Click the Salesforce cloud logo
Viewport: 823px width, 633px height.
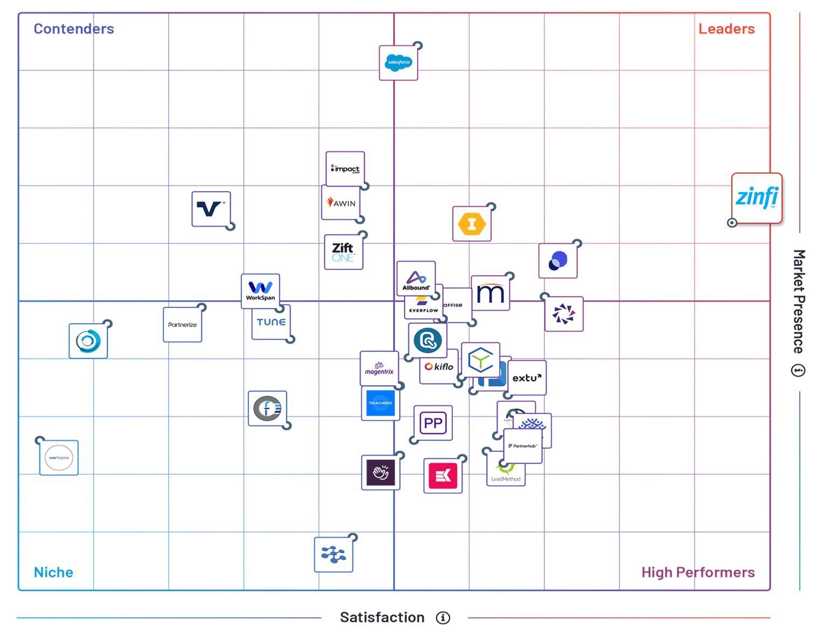point(398,63)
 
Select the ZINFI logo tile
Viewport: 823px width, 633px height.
point(757,198)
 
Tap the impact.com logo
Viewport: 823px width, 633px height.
point(345,169)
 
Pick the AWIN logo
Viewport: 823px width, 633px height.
point(341,203)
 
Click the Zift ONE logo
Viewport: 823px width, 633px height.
point(343,252)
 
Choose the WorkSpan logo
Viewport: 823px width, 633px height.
point(260,291)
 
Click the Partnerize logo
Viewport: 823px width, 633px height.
point(182,325)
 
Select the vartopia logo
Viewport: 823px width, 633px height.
point(59,458)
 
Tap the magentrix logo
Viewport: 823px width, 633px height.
point(379,369)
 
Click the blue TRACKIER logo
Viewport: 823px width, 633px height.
point(381,403)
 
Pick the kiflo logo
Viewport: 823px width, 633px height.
point(439,367)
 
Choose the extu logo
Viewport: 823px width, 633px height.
point(527,378)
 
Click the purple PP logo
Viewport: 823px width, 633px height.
point(433,423)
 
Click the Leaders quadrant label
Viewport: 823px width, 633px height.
point(726,29)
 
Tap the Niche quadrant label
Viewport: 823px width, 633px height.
point(53,572)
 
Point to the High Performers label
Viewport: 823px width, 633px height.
point(697,572)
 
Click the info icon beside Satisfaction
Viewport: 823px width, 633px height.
point(443,618)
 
